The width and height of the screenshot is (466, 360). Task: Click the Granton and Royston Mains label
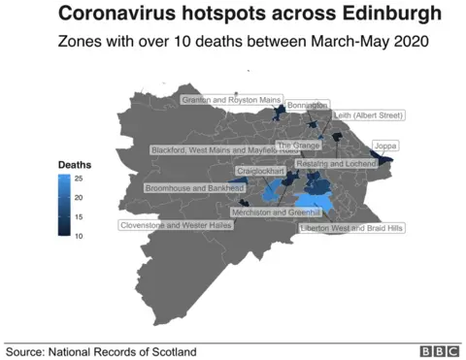click(231, 99)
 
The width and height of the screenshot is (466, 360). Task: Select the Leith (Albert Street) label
click(368, 115)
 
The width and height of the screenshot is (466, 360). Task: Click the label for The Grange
click(298, 145)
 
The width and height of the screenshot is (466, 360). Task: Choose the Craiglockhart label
click(261, 171)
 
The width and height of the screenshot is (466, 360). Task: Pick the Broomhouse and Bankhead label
click(194, 187)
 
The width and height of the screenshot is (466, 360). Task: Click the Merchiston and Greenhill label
click(277, 212)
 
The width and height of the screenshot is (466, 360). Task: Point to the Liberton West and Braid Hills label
click(350, 227)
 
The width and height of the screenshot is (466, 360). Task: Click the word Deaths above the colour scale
click(75, 165)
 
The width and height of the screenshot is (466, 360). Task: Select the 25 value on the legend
click(79, 180)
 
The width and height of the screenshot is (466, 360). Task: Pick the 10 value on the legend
click(79, 234)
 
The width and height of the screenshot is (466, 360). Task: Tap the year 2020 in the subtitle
click(409, 44)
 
